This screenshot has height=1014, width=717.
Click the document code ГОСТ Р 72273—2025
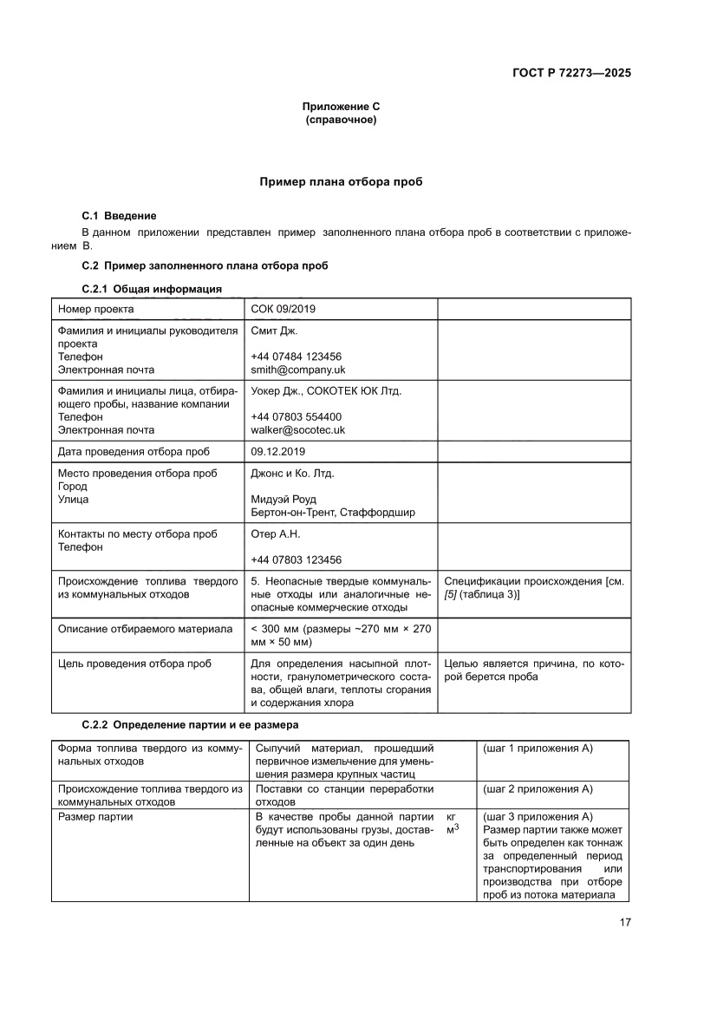(x=564, y=73)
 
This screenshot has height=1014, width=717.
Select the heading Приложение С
(x=341, y=107)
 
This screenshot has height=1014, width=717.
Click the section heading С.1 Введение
(x=119, y=215)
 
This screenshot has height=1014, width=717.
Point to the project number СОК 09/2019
(x=284, y=309)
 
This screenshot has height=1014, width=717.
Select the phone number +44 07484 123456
(x=296, y=357)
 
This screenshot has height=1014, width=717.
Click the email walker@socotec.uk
(x=297, y=429)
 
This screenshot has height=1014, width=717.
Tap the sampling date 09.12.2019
(x=277, y=452)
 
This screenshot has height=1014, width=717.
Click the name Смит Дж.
(x=274, y=331)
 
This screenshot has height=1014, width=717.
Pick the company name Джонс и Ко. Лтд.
(x=292, y=474)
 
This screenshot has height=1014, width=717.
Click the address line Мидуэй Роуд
(x=283, y=499)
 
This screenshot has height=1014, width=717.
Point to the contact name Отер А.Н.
(x=275, y=534)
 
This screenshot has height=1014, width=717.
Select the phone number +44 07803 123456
(x=296, y=559)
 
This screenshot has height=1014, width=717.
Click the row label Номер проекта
(x=95, y=309)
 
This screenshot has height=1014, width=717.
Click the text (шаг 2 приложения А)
(x=538, y=788)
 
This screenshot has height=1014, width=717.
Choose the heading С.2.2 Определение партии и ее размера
(x=189, y=724)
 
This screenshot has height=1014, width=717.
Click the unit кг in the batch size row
(x=451, y=817)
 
